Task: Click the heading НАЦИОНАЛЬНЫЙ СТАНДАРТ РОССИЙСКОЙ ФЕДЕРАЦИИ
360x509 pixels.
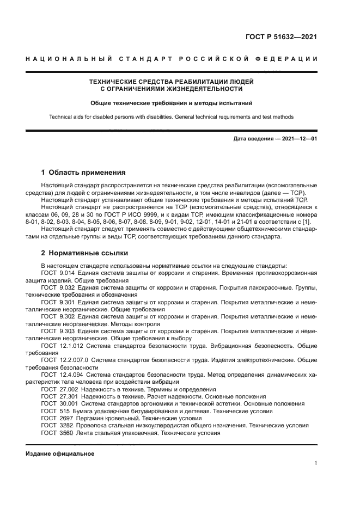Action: [172, 59]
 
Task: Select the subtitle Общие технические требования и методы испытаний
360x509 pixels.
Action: [172, 102]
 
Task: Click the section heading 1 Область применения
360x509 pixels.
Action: [83, 173]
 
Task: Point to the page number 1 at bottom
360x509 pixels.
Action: [316, 463]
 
